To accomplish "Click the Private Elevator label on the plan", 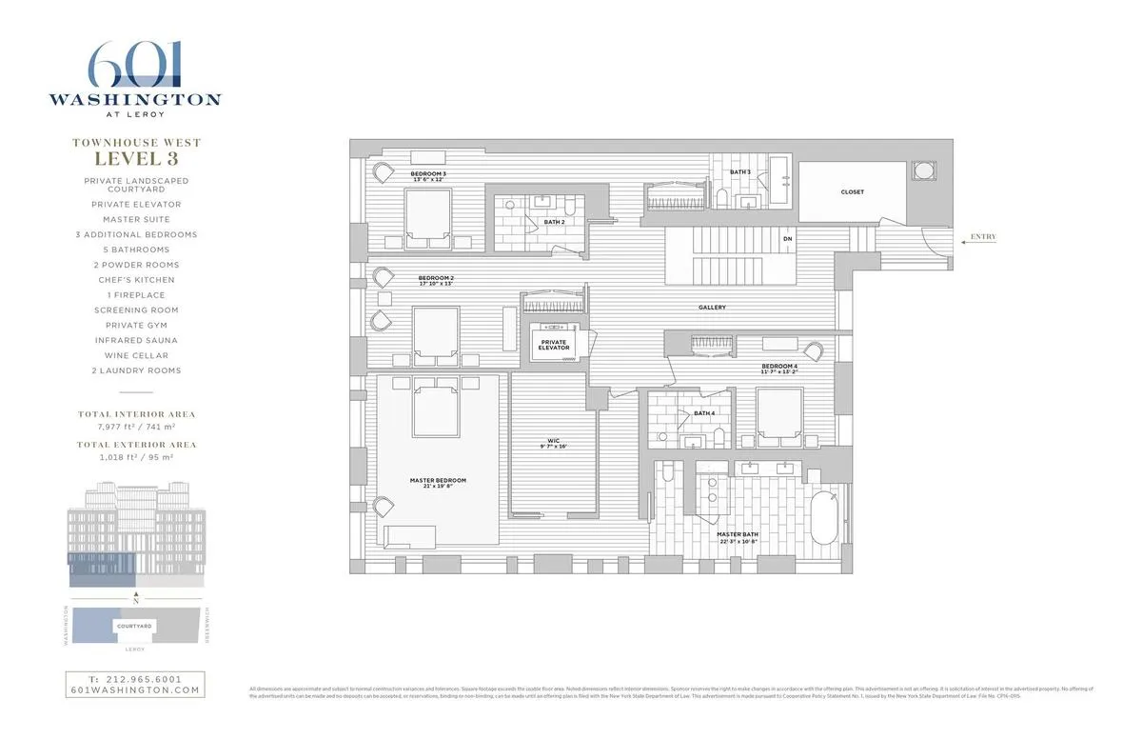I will point(555,345).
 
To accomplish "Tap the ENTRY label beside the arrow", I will point(983,236).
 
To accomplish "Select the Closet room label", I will point(852,192).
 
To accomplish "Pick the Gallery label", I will point(712,308).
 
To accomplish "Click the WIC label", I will point(553,443).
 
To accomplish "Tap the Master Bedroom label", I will point(438,481).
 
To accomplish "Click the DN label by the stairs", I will point(787,239).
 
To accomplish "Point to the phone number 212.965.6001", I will point(134,679).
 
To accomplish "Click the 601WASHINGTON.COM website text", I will point(134,690).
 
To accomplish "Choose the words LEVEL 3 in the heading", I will point(135,159).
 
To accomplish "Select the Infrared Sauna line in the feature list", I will point(135,340).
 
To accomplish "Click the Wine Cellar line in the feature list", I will point(135,355).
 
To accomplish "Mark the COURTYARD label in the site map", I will point(134,626).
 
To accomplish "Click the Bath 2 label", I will point(553,222).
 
